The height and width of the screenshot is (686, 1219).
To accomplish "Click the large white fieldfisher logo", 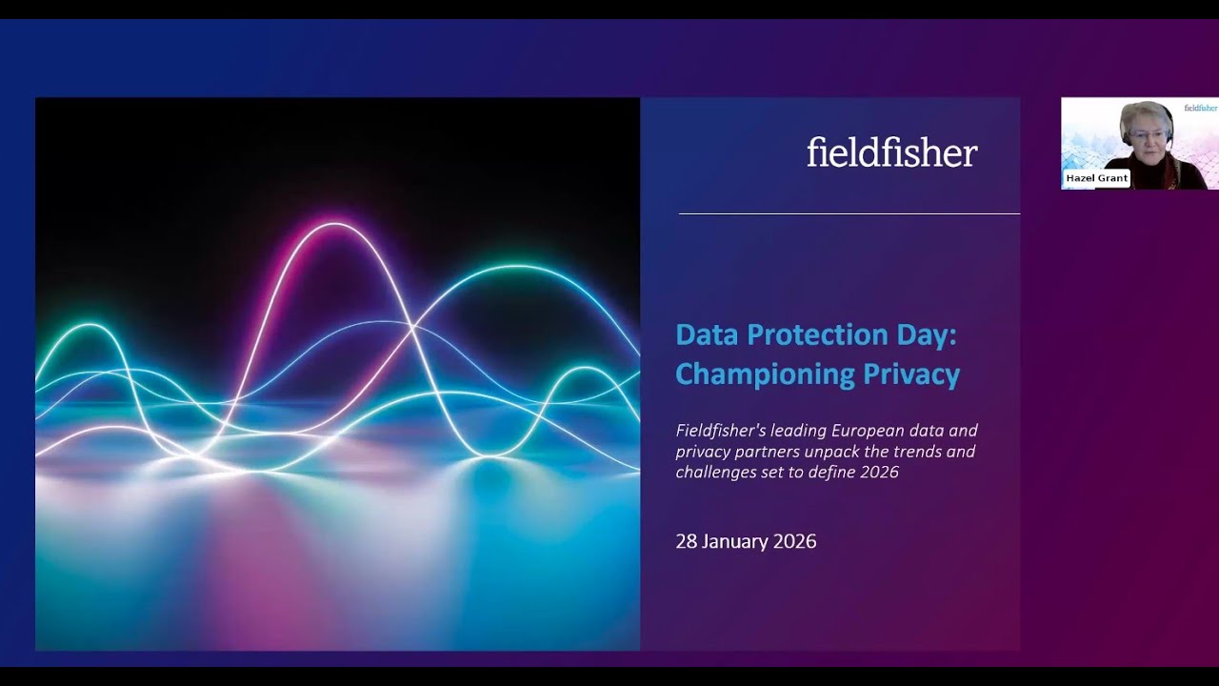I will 892,152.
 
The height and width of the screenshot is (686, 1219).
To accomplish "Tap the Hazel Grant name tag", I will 1097,178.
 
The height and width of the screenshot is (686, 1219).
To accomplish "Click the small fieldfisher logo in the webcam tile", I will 1201,108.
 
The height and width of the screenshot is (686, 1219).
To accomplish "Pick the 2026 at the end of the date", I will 794,541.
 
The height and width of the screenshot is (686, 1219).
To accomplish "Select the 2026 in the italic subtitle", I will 880,472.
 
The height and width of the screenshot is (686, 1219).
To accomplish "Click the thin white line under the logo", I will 849,214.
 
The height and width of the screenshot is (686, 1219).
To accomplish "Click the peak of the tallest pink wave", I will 334,225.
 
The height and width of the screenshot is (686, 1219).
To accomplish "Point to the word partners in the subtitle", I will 765,451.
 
